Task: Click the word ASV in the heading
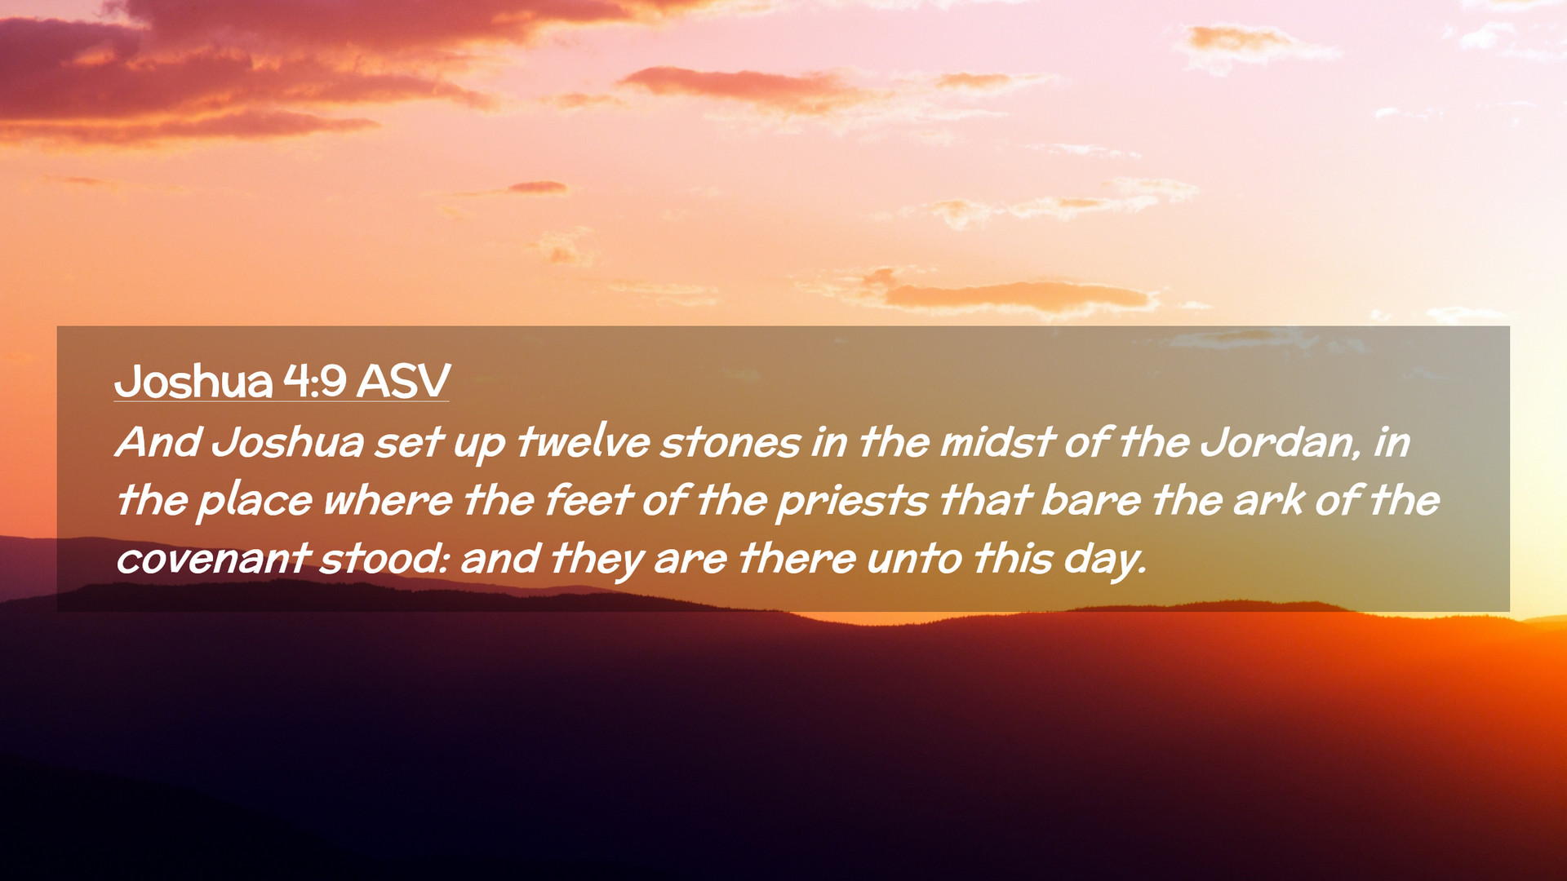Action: click(403, 381)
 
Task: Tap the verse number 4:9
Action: click(315, 381)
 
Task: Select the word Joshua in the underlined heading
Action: click(193, 381)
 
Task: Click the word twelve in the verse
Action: click(583, 442)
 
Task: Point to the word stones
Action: click(730, 443)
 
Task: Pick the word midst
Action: click(997, 442)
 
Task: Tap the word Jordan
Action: click(1279, 442)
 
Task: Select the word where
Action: click(388, 501)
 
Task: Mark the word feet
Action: click(588, 500)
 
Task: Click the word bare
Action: click(1090, 501)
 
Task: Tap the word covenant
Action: click(212, 560)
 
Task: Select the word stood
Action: click(383, 559)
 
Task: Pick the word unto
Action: click(914, 560)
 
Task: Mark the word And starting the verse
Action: click(158, 443)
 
